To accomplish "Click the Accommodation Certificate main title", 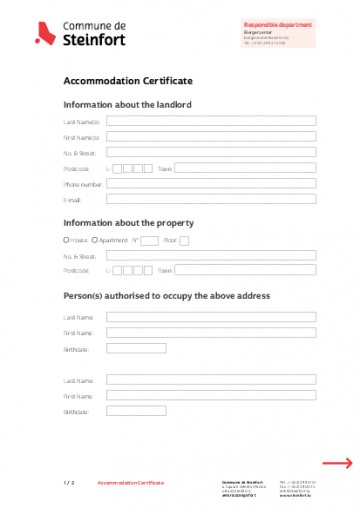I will [x=128, y=81].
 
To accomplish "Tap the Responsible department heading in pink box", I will [x=279, y=23].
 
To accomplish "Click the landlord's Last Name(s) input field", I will [x=210, y=121].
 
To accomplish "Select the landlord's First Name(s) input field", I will [x=210, y=137].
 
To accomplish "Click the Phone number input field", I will [x=210, y=184].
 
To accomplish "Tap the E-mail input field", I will [x=210, y=199].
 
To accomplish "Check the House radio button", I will [x=66, y=240].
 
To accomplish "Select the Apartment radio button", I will [x=95, y=240].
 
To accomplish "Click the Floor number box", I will [x=184, y=240].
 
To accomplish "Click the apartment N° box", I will [x=149, y=240].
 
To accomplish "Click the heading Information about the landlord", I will [x=127, y=104].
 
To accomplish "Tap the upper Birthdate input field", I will [x=136, y=349].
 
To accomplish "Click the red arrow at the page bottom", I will [x=336, y=463].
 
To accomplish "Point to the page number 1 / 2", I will [x=68, y=482].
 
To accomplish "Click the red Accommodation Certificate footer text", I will [x=130, y=482].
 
